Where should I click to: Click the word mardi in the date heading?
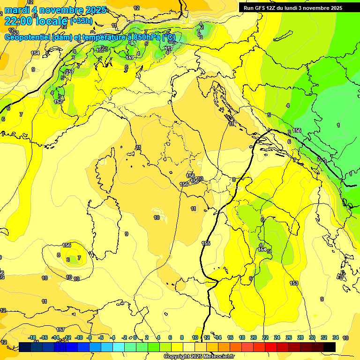click(17, 10)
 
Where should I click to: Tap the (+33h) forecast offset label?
click(80, 21)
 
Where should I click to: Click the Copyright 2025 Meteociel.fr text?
click(199, 357)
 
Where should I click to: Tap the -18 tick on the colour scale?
click(32, 337)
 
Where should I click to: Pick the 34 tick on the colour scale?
click(336, 337)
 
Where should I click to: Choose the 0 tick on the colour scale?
click(135, 337)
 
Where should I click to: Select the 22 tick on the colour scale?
click(265, 337)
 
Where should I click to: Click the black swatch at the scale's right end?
click(330, 347)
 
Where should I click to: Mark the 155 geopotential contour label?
click(206, 243)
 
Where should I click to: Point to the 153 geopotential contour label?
click(294, 283)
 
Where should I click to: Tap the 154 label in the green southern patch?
click(262, 250)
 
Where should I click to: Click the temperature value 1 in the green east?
click(338, 125)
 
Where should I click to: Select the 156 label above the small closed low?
click(67, 245)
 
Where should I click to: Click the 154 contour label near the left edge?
click(35, 53)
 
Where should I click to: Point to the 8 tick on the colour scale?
click(182, 337)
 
